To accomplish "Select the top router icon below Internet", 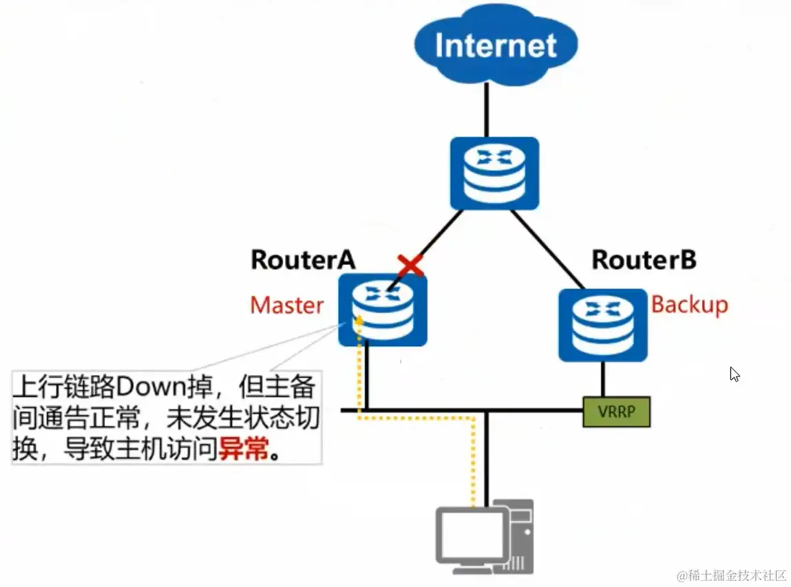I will pyautogui.click(x=494, y=173).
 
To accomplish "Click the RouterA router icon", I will pyautogui.click(x=382, y=310).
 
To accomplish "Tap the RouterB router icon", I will pyautogui.click(x=603, y=325).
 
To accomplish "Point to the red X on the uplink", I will pyautogui.click(x=410, y=266).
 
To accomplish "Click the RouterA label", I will pyautogui.click(x=303, y=259).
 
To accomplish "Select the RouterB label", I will pyautogui.click(x=644, y=259).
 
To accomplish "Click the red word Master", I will pyautogui.click(x=286, y=305).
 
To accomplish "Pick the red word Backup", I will pyautogui.click(x=689, y=304).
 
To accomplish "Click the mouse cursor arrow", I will pyautogui.click(x=735, y=374).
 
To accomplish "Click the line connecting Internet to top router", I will pyautogui.click(x=487, y=109).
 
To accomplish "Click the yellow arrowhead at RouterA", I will pyautogui.click(x=358, y=319).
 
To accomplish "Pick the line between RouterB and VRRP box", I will pyautogui.click(x=603, y=378).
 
